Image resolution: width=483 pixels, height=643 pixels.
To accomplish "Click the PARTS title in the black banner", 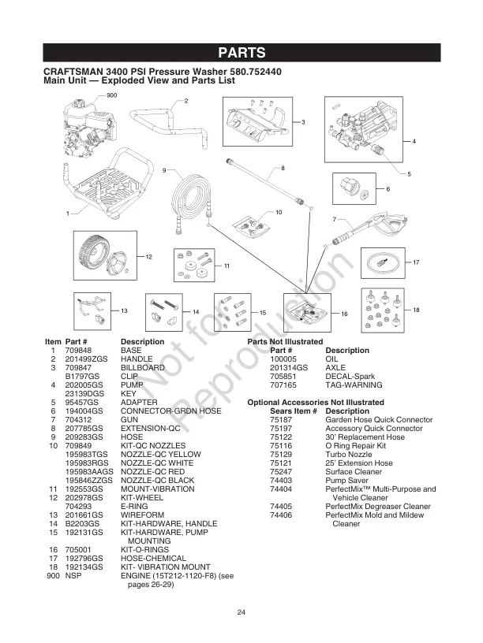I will [241, 54].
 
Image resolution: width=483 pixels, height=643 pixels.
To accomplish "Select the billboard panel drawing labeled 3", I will [257, 122].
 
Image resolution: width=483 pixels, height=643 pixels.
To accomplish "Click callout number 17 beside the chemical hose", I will [415, 262].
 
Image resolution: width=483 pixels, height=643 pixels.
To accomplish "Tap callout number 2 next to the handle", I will [186, 102].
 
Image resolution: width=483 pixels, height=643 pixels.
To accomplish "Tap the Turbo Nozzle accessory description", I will [348, 455].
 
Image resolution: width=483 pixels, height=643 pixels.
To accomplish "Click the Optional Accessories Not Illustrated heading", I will [310, 403].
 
